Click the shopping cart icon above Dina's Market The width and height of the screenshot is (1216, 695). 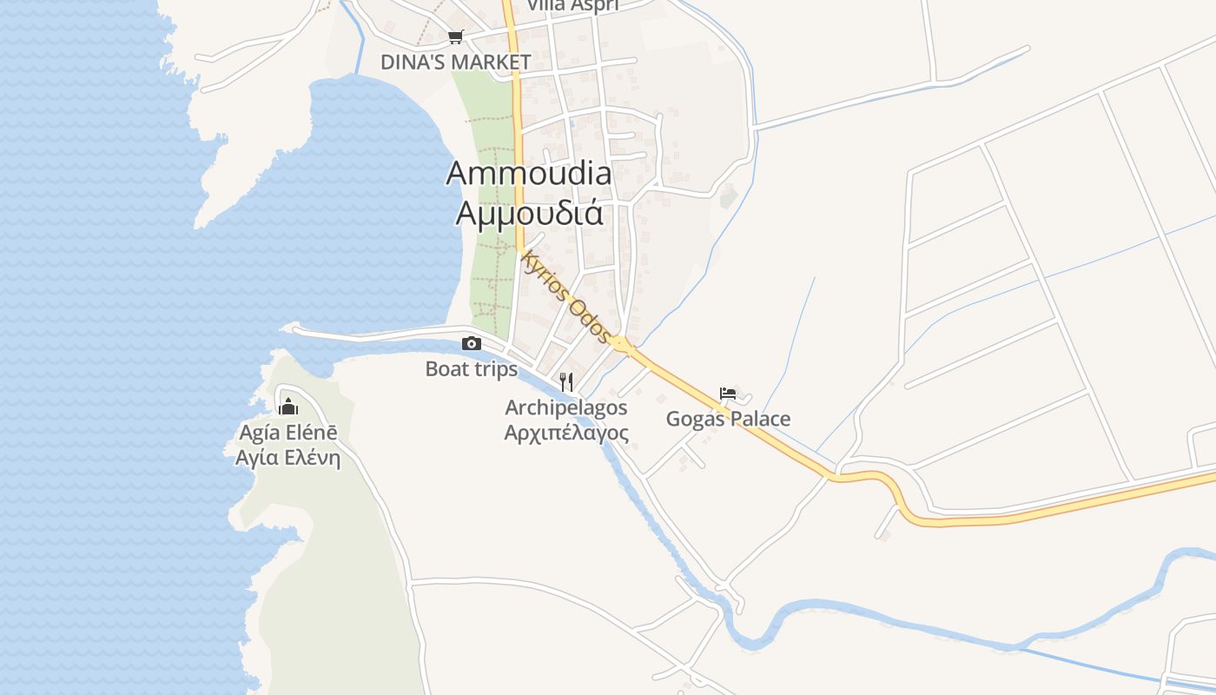(x=456, y=36)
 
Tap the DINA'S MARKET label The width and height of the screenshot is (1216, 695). (x=455, y=63)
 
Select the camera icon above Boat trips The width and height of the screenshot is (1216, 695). (x=472, y=343)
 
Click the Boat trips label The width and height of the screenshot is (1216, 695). (x=471, y=369)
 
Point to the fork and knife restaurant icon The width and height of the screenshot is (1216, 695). (x=566, y=381)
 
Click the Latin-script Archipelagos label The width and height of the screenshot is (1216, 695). (x=566, y=407)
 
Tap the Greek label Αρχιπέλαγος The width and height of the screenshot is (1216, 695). (x=566, y=432)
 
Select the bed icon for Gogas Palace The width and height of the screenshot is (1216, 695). (x=728, y=394)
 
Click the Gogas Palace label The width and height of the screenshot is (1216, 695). (x=728, y=420)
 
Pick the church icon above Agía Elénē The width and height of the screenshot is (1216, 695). (x=287, y=406)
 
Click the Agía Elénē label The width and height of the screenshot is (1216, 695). (x=287, y=432)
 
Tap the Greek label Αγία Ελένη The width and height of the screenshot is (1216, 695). (x=287, y=457)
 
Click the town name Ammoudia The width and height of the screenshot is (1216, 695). (x=528, y=173)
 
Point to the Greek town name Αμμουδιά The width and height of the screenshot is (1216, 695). (x=529, y=212)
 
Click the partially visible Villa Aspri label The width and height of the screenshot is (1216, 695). (x=572, y=6)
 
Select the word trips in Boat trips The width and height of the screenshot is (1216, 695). (x=495, y=369)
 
